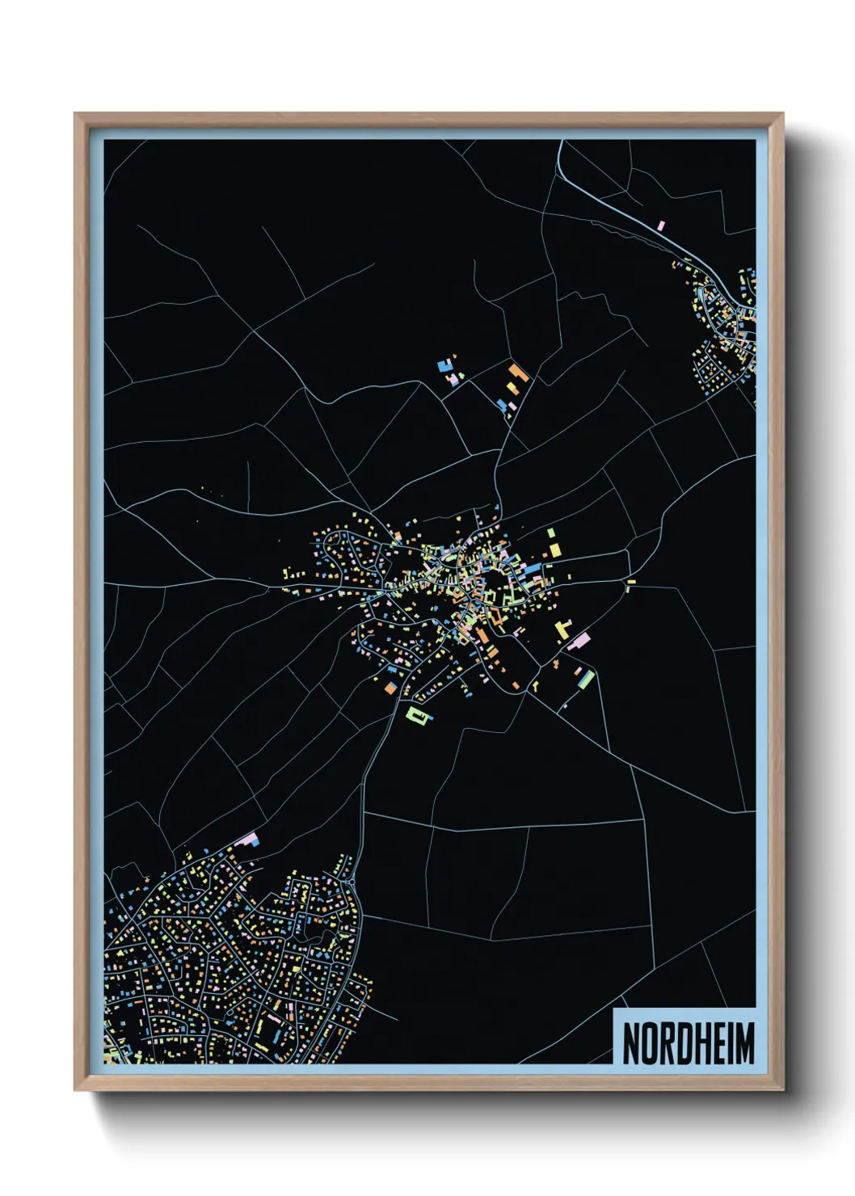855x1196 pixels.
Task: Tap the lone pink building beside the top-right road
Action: pyautogui.click(x=661, y=225)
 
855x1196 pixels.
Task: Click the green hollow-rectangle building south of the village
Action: pyautogui.click(x=415, y=714)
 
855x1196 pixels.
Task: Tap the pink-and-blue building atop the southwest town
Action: pyautogui.click(x=249, y=840)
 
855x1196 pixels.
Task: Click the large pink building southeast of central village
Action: pyautogui.click(x=579, y=642)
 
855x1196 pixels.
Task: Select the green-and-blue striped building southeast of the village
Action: pyautogui.click(x=586, y=679)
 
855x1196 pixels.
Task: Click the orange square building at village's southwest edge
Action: pyautogui.click(x=388, y=689)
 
